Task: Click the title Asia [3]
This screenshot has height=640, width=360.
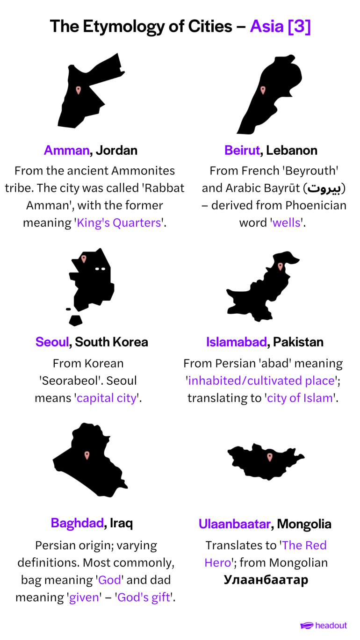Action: point(280,27)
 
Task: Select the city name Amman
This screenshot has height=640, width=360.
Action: point(67,150)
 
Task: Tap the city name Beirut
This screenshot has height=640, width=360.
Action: point(242,150)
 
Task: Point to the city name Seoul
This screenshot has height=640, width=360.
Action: point(52,342)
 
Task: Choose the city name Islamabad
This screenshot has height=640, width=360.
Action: point(237,342)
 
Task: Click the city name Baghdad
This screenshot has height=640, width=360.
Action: point(77,523)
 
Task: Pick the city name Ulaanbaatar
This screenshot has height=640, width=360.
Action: point(234,524)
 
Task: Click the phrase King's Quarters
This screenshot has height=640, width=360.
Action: point(119,223)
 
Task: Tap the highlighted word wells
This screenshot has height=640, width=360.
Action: point(286,223)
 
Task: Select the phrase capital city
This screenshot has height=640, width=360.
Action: point(107,398)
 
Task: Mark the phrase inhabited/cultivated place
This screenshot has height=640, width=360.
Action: point(261,381)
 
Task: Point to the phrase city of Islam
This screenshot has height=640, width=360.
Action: point(300,398)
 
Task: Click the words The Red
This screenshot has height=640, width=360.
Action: point(304,546)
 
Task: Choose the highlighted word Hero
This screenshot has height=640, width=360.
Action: point(218,563)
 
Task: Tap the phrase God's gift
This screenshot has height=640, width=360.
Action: point(144,598)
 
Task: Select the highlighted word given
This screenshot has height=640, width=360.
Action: point(84,598)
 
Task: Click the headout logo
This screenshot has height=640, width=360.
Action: point(324,626)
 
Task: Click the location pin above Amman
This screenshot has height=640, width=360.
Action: point(79,90)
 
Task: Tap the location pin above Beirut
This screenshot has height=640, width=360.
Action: point(263,90)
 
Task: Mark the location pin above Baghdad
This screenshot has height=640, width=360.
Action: point(86,455)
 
